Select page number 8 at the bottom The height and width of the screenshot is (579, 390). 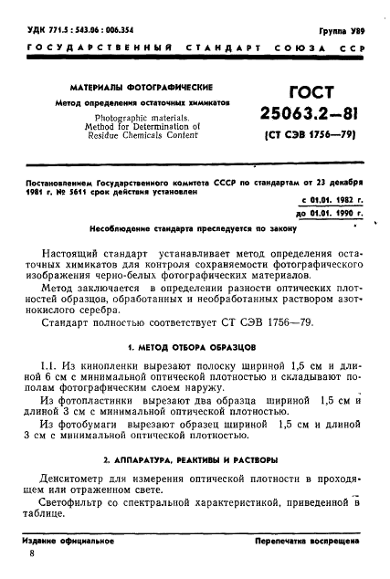point(33,553)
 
